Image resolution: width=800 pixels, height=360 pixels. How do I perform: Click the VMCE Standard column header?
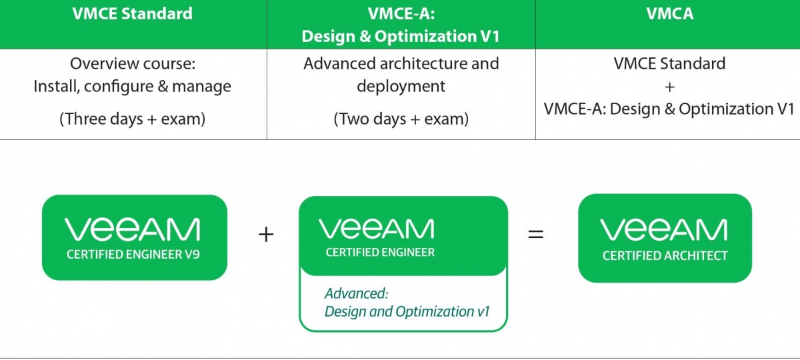tap(132, 13)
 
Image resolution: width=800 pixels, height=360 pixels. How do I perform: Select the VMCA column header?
tap(669, 13)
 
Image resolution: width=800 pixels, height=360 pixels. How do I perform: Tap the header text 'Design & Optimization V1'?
tap(401, 37)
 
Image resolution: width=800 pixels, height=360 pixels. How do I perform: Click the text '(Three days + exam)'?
tap(132, 119)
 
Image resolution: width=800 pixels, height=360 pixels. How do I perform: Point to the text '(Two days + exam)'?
tap(401, 119)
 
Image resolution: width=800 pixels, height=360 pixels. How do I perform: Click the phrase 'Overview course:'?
tap(133, 63)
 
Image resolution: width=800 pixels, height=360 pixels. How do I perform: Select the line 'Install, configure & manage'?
tap(132, 87)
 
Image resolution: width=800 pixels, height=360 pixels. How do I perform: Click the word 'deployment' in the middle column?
tap(401, 87)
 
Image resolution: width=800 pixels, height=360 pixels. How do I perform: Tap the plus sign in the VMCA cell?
tap(669, 87)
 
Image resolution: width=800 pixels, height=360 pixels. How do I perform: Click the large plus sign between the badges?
tap(266, 235)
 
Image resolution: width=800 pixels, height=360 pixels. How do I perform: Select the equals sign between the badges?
tap(536, 234)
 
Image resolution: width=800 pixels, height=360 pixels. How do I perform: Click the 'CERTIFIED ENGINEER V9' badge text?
tap(133, 254)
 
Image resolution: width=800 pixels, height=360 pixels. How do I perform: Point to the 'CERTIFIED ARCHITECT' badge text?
tap(665, 256)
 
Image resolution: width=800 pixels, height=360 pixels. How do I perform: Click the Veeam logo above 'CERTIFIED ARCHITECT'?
tap(663, 229)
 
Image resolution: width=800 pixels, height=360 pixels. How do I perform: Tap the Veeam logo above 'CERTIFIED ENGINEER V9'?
tap(132, 229)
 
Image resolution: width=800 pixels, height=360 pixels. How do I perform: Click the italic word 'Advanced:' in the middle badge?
tap(357, 293)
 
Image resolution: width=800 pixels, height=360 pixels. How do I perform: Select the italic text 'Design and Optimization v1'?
tap(407, 312)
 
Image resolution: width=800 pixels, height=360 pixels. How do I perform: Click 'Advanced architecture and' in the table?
tap(401, 63)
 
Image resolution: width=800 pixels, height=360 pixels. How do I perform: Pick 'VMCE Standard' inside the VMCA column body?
tap(669, 63)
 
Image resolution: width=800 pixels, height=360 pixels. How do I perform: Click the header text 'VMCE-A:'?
tap(401, 13)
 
